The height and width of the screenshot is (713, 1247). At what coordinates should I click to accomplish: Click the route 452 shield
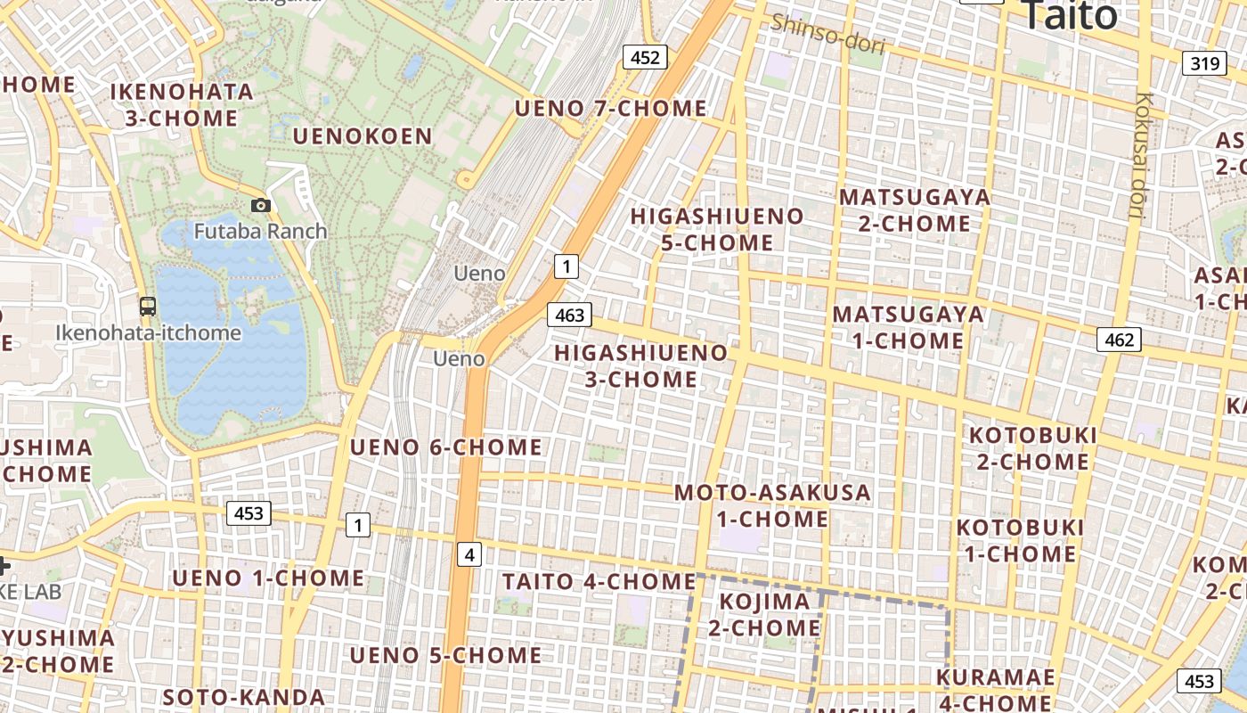[645, 58]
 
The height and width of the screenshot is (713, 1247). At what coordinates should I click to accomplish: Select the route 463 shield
[569, 315]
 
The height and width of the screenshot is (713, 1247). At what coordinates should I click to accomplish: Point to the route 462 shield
[1119, 340]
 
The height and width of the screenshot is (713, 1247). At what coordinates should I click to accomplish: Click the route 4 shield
[469, 555]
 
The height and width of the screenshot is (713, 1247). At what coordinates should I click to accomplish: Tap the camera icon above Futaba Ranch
[261, 206]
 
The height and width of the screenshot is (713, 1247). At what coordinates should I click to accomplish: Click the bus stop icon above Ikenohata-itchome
[148, 307]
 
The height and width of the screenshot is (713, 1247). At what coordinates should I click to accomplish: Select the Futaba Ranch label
[261, 232]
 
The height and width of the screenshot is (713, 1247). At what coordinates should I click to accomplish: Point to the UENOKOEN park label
[363, 136]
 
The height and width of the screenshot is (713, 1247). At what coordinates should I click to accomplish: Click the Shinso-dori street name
[827, 35]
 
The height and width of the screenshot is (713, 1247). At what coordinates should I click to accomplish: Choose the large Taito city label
[1068, 16]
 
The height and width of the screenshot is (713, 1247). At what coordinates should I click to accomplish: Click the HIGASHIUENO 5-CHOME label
[717, 229]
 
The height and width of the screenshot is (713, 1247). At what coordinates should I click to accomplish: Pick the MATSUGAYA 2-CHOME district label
[914, 210]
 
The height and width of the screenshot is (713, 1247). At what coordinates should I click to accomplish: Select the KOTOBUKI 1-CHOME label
[1020, 541]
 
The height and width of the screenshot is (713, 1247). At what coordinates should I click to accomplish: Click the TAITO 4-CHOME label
[599, 582]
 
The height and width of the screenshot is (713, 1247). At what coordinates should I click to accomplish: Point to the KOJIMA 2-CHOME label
[764, 615]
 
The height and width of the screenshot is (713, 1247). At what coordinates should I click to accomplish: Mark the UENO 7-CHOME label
[611, 109]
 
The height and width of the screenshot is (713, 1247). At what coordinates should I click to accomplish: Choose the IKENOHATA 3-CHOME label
[182, 105]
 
